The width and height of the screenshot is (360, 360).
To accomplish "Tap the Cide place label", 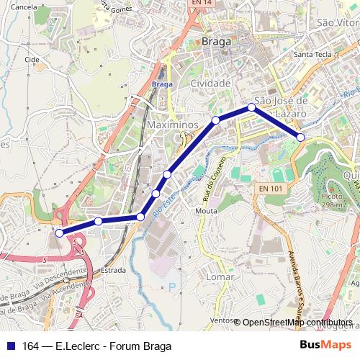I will [31, 59].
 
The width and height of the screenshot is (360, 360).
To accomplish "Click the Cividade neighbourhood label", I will [210, 84].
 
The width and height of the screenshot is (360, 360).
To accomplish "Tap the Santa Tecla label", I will [311, 54].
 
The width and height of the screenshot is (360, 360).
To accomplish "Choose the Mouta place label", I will [206, 211].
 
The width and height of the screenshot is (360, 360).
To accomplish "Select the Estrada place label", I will [114, 270].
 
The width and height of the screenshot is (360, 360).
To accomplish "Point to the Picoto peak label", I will [332, 200].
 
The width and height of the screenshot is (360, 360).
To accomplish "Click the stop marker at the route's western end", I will [59, 233].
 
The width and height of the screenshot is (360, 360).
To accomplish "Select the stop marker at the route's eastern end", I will [301, 137].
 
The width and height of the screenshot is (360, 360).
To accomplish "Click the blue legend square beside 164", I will [9, 346].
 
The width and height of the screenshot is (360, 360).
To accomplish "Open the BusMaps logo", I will [326, 345].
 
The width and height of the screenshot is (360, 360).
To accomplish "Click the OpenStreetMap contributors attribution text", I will [297, 322].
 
